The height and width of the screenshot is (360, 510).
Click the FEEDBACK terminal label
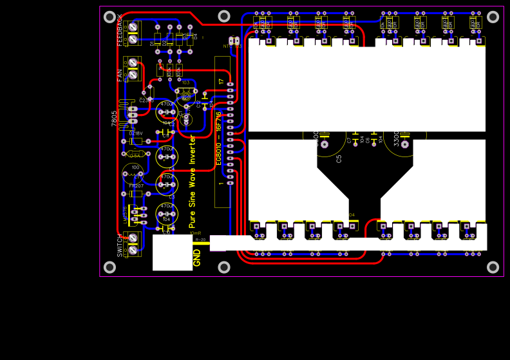(119, 30)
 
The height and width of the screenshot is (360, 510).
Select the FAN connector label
(119, 75)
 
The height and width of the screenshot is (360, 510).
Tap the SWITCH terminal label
(120, 245)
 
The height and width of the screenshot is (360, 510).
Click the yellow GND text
(197, 258)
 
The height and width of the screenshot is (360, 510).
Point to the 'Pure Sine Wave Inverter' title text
(192, 182)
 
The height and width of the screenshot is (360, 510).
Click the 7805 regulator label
(115, 117)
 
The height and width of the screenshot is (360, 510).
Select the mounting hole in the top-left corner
(109, 17)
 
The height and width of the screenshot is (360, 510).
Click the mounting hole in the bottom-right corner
(493, 267)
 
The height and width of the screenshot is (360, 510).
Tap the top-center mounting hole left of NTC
(223, 16)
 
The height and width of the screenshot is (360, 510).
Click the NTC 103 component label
(232, 46)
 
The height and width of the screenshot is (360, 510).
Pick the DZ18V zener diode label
(136, 133)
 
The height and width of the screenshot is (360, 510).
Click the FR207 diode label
(136, 185)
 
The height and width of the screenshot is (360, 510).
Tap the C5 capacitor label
(339, 158)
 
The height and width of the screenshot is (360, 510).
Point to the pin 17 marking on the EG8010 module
(222, 82)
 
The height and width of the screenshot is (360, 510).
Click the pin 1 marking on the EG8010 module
(222, 184)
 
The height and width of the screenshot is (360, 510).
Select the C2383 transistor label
(146, 100)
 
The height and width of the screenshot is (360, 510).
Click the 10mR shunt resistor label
(196, 233)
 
